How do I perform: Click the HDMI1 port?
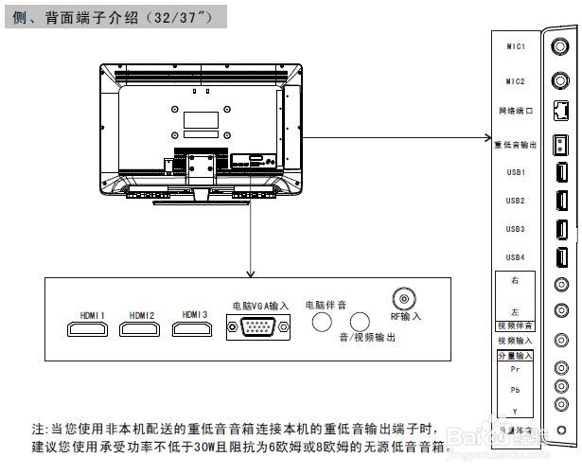coord(83,329)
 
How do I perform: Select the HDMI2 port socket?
coord(140,329)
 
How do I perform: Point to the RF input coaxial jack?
coord(406,300)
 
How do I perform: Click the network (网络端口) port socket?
coord(560,112)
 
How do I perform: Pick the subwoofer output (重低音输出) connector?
coord(560,144)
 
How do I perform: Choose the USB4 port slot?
coord(560,256)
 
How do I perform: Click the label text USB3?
coord(516,229)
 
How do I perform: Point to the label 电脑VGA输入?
coord(258,306)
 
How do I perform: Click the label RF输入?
coord(406,316)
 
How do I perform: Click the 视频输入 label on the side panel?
coord(516,341)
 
